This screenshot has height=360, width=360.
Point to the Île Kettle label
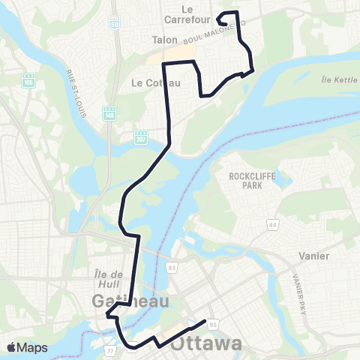[x=336, y=79]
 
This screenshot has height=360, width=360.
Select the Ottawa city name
[x=206, y=344]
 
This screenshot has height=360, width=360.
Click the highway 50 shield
[x=114, y=24]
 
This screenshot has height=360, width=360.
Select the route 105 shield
[x=29, y=79]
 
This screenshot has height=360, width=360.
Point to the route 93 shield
[x=171, y=266]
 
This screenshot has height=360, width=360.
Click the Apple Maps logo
[x=26, y=347]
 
